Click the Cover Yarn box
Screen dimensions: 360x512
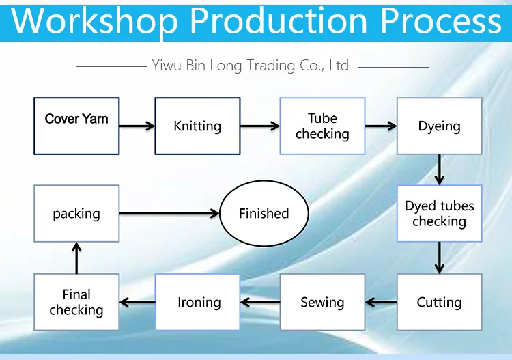pyautogui.click(x=76, y=126)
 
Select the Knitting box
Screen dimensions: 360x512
pyautogui.click(x=197, y=126)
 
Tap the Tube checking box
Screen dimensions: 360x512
pyautogui.click(x=322, y=126)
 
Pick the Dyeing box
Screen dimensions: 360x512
pyautogui.click(x=439, y=126)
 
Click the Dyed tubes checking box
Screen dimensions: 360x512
pyautogui.click(x=439, y=213)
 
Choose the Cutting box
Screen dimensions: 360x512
pyautogui.click(x=439, y=302)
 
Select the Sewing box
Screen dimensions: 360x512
pyautogui.click(x=322, y=302)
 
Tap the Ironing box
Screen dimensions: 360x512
pyautogui.click(x=199, y=302)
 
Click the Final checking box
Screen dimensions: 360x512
pyautogui.click(x=76, y=302)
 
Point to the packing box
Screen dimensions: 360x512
pyautogui.click(x=76, y=213)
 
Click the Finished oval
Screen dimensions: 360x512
pyautogui.click(x=264, y=213)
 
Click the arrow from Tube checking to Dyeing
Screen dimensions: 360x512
pyautogui.click(x=381, y=126)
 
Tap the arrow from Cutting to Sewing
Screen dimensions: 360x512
pyautogui.click(x=381, y=302)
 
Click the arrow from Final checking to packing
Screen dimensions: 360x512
pyautogui.click(x=76, y=258)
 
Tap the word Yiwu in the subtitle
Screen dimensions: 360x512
pyautogui.click(x=167, y=66)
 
